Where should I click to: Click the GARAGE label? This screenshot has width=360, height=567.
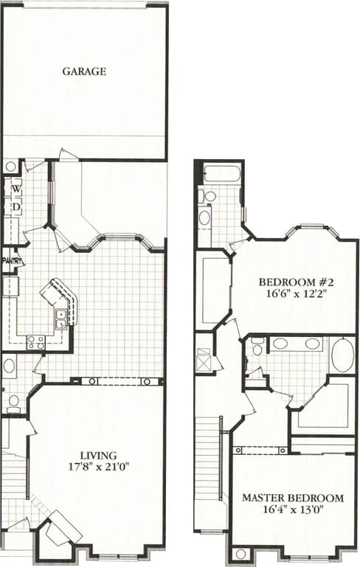click(x=84, y=72)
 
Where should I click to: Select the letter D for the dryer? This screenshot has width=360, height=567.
click(x=15, y=207)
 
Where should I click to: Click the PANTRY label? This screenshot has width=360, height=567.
click(x=10, y=260)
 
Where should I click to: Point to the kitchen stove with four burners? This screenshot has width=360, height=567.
click(x=35, y=341)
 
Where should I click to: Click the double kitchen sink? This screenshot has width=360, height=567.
click(x=60, y=318)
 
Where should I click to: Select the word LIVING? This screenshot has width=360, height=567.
click(x=98, y=455)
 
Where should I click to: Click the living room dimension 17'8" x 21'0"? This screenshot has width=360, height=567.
click(x=98, y=467)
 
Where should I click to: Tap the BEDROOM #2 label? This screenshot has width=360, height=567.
click(x=293, y=282)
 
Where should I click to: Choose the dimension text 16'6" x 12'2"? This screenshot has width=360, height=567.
click(x=293, y=293)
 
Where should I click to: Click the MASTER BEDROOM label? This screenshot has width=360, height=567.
click(x=292, y=498)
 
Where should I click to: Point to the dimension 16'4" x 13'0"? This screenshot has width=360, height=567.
click(x=292, y=509)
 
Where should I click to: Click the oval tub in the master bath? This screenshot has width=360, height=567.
click(x=342, y=355)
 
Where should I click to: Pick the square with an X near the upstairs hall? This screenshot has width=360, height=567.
click(x=204, y=362)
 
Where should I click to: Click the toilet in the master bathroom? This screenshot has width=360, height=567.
click(x=255, y=348)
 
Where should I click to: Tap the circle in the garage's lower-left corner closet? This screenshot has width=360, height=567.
click(x=10, y=167)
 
